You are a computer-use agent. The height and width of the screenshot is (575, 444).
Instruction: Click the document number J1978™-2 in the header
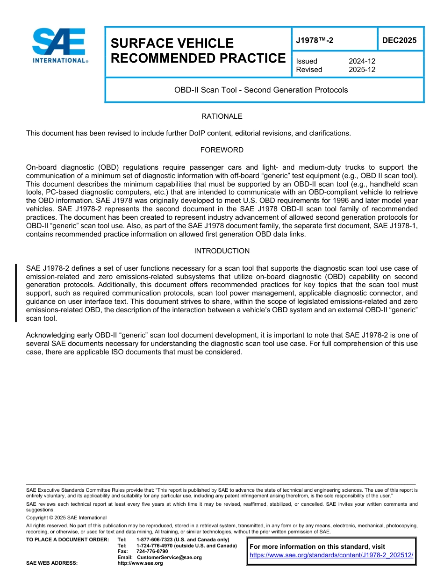pos(315,40)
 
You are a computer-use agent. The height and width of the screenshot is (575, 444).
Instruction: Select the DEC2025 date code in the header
pos(399,40)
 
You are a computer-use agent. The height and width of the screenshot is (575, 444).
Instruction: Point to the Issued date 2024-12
pos(362,61)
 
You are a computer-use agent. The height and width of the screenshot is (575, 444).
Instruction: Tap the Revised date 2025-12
pos(362,70)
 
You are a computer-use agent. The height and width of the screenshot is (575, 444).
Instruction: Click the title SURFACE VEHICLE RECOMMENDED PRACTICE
pos(198,50)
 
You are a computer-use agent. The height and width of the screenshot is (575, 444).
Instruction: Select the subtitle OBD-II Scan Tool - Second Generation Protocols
pos(261,90)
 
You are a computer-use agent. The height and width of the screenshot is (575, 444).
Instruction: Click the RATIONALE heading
pos(222,116)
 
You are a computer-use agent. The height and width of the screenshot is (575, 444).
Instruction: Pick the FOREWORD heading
pos(222,150)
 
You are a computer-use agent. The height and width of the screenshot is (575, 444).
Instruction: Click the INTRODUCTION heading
pos(222,251)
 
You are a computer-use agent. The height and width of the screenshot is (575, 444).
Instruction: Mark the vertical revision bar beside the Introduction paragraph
pos(16,293)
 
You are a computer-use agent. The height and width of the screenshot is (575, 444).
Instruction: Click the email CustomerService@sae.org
pos(169,557)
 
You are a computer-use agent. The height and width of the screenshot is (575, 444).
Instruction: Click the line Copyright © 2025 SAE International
pos(66,517)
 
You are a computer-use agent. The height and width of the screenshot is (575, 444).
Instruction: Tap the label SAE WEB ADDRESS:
pos(52,563)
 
